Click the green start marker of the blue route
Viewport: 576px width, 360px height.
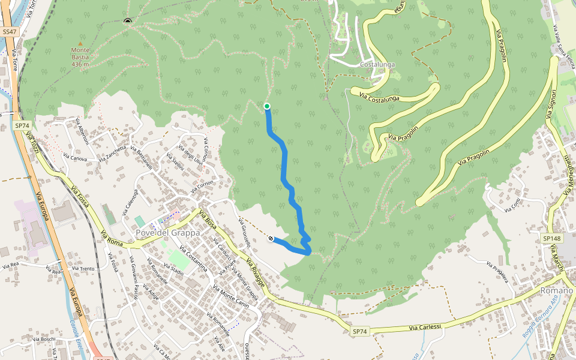coord(267,107)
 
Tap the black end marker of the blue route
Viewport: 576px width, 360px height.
coord(271,239)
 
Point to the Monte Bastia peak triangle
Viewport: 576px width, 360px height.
coord(80,44)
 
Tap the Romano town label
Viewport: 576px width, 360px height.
coord(557,290)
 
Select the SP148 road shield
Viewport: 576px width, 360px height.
coord(551,239)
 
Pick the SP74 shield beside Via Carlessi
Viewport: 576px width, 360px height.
coord(359,331)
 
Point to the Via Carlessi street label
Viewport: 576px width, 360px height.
coord(425,327)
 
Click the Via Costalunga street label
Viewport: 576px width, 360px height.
coord(379,95)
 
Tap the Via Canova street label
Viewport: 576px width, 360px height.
coord(75,159)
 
